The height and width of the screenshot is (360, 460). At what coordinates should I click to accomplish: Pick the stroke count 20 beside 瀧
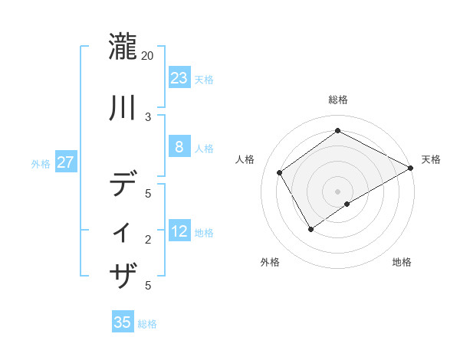coord(148,56)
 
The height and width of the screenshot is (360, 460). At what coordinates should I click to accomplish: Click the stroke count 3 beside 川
coord(148,116)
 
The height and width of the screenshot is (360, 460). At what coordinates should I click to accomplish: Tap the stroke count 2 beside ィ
coord(148,240)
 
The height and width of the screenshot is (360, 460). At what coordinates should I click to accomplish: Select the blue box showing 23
coord(179,77)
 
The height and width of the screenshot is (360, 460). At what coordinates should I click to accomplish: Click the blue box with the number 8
coord(179,147)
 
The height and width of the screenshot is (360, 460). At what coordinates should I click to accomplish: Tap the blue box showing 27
coord(66,162)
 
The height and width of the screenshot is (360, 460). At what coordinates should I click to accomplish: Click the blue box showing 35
coord(123,322)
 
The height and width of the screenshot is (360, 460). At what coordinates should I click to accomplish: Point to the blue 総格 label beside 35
coord(147,324)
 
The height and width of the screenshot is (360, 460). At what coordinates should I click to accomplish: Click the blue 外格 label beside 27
coord(41,164)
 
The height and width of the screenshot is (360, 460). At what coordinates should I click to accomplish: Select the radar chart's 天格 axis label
coord(431,159)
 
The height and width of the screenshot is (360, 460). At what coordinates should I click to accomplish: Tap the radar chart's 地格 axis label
coord(402,262)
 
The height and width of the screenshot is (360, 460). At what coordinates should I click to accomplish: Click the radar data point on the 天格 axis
coord(410,168)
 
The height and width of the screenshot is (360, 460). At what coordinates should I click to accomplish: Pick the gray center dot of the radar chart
coord(337,191)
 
